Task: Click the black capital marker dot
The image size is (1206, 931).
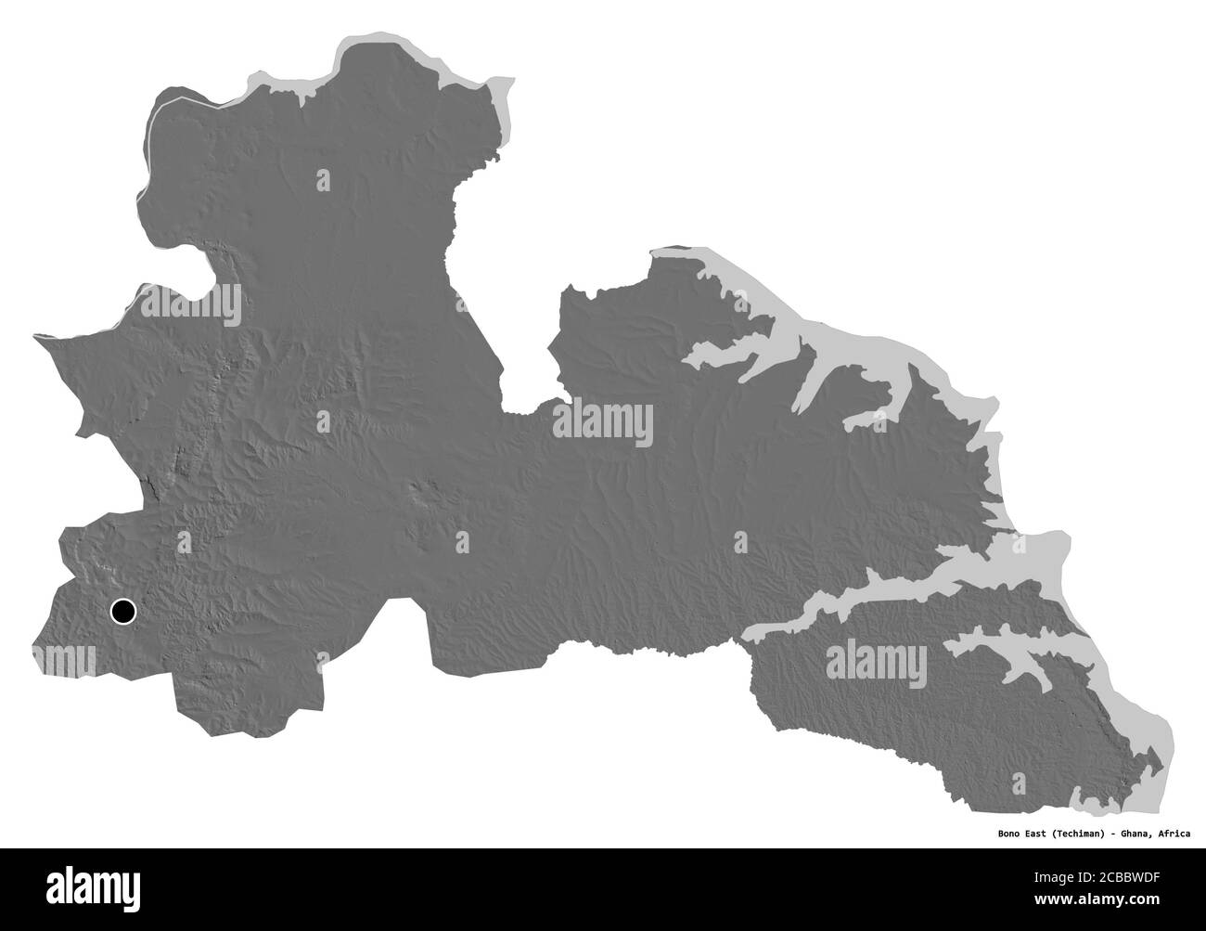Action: click(122, 611)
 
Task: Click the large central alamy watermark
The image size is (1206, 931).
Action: click(603, 424)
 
